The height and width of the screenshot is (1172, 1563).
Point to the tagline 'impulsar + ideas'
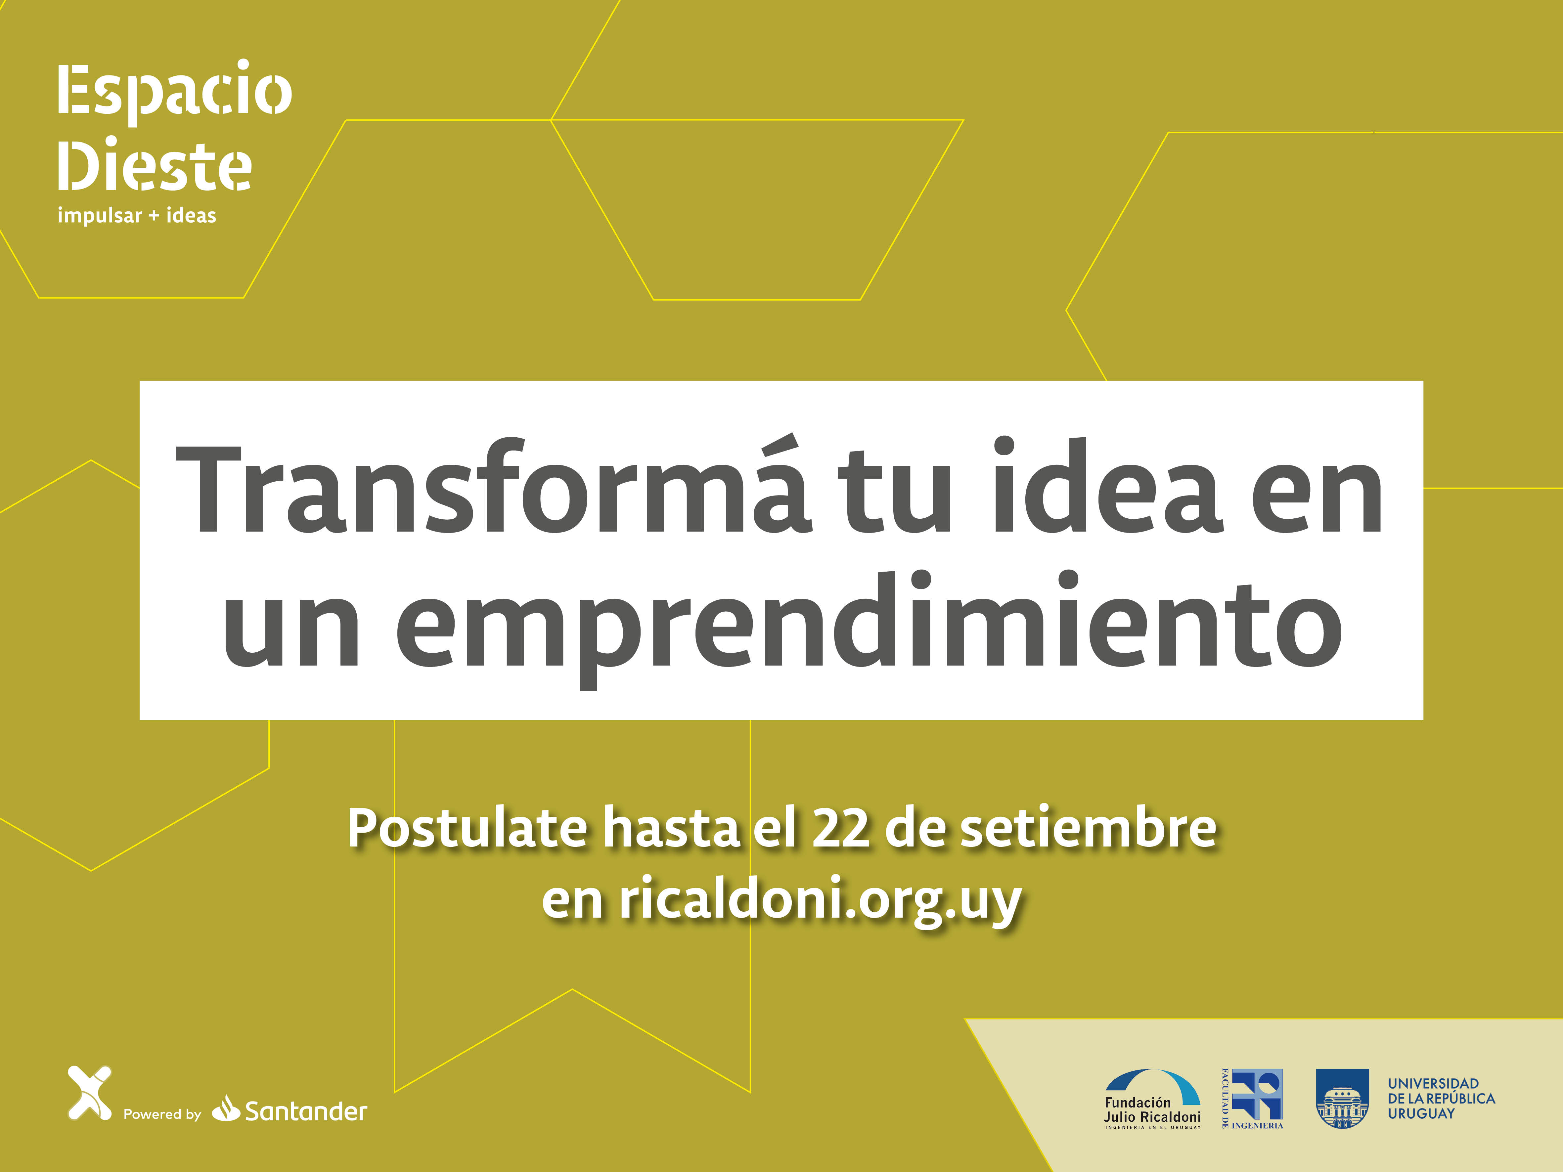tap(136, 215)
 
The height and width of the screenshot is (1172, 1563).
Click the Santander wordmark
tap(306, 1112)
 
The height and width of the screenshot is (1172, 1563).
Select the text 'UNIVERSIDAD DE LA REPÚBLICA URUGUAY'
tap(1442, 1099)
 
